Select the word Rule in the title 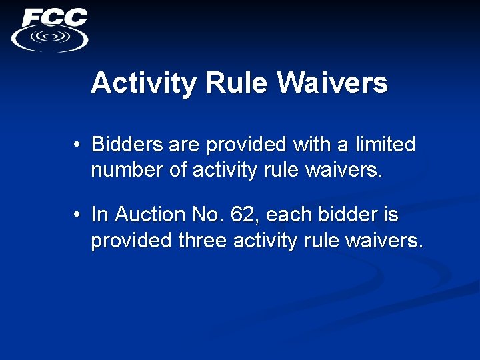237,83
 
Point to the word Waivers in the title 333,83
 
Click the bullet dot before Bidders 78,145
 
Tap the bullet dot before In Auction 78,215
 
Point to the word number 127,170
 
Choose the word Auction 154,215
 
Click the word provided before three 131,240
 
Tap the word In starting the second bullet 99,215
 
